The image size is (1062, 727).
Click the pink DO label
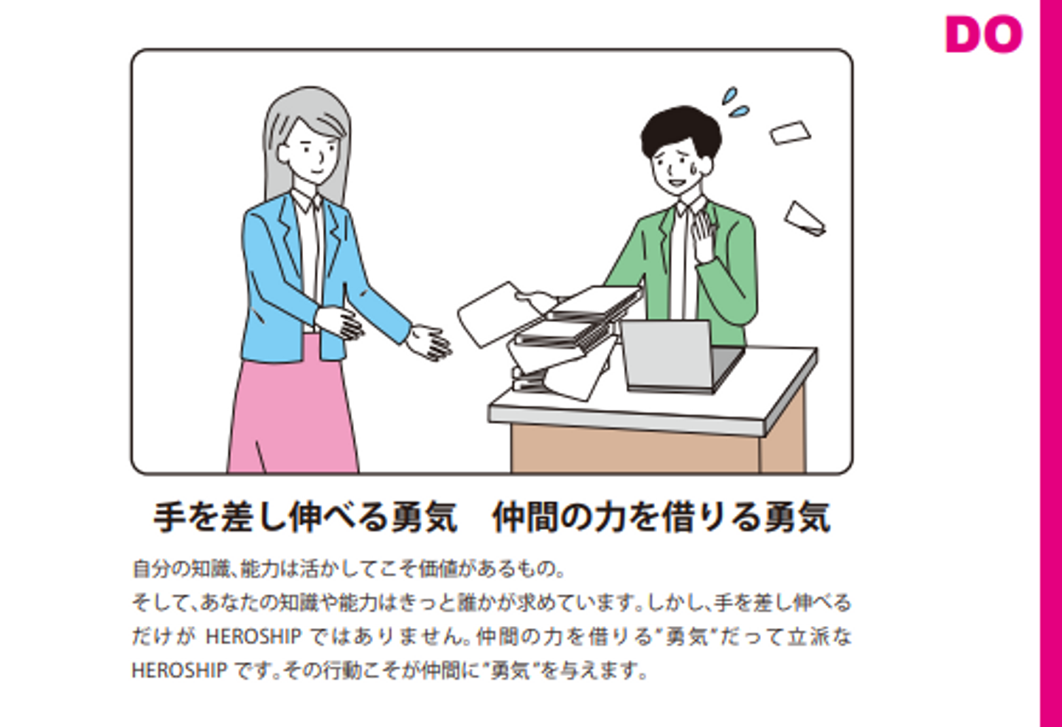coord(984,34)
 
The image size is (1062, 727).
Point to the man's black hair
coord(681,131)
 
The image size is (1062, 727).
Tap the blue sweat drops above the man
coord(735,102)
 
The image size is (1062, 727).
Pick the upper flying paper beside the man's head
coord(789,133)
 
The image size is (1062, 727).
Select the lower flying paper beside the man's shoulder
coord(805,219)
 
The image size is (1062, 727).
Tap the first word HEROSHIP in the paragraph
coord(253,636)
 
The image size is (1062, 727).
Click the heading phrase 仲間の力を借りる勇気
coord(662,518)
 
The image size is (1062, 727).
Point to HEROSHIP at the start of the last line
coord(180,670)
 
